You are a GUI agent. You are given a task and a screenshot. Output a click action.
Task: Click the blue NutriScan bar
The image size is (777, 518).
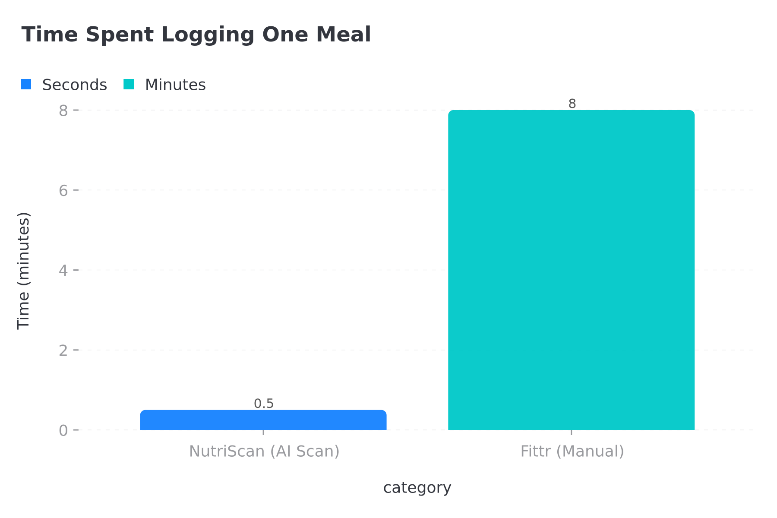tap(263, 420)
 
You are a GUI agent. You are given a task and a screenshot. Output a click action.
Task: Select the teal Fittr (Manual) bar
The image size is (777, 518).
tap(571, 270)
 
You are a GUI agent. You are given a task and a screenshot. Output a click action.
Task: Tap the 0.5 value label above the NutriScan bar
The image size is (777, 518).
tap(264, 404)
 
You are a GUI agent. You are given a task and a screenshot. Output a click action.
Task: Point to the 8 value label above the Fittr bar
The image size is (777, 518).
tap(572, 104)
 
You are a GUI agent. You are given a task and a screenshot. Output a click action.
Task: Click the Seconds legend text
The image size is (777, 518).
tap(74, 85)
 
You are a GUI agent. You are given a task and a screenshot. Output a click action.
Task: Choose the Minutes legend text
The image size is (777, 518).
tap(175, 85)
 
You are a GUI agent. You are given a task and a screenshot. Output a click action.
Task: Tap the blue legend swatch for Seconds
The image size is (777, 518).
tap(26, 85)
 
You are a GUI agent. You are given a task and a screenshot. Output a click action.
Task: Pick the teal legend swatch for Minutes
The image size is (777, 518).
tap(129, 85)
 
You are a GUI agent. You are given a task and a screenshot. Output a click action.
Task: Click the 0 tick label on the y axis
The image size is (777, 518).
tap(63, 430)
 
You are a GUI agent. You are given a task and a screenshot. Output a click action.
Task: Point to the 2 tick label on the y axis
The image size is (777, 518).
tap(63, 351)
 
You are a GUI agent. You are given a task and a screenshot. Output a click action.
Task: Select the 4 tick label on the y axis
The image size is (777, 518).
tap(63, 271)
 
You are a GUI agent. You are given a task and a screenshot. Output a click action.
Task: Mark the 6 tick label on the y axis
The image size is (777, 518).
tap(63, 191)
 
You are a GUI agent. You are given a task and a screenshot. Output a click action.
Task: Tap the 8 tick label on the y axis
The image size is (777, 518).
tap(63, 111)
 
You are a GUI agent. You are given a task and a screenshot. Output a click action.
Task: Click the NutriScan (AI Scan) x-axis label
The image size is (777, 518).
tap(264, 452)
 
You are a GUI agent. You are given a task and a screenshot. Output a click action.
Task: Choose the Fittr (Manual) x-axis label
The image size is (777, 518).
tap(572, 452)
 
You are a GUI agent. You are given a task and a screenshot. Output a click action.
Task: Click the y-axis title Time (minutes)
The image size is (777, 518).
tap(23, 271)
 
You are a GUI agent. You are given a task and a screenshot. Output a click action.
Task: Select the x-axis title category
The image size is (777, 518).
tap(417, 488)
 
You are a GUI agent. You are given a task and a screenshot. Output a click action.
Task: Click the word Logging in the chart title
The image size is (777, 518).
tap(208, 35)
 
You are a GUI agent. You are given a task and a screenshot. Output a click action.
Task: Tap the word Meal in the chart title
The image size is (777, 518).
tap(343, 35)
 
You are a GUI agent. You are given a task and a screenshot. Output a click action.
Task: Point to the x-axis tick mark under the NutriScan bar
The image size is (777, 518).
tap(263, 433)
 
